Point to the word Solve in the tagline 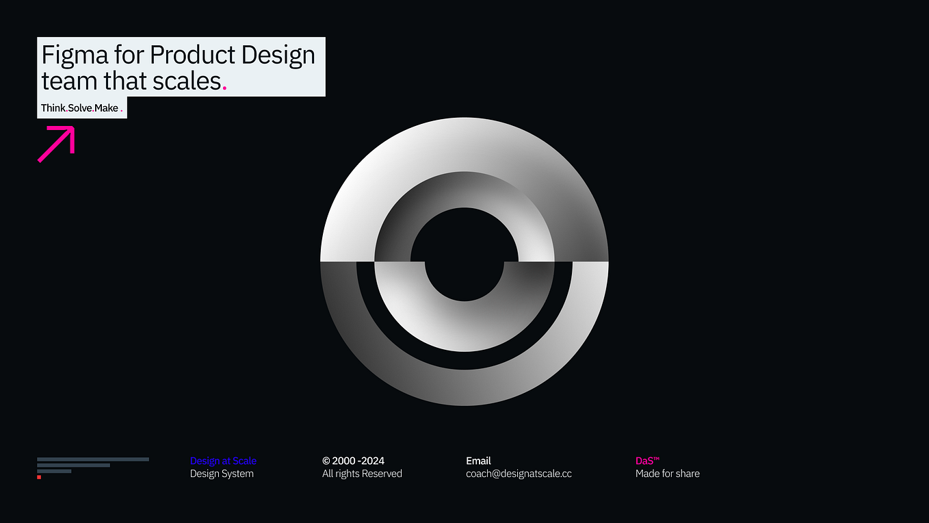(x=80, y=108)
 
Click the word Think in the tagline (x=53, y=108)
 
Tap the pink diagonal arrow (x=56, y=144)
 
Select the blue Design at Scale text (x=223, y=461)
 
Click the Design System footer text (x=222, y=474)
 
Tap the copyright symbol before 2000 (x=326, y=461)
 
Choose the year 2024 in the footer (x=373, y=461)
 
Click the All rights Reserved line (x=362, y=474)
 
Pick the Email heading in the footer (x=478, y=461)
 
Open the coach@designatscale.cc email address (x=519, y=474)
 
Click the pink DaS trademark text (x=647, y=461)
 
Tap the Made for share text (x=667, y=474)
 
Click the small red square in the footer (x=39, y=477)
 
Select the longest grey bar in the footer (x=93, y=459)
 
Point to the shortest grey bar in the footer (x=54, y=471)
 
